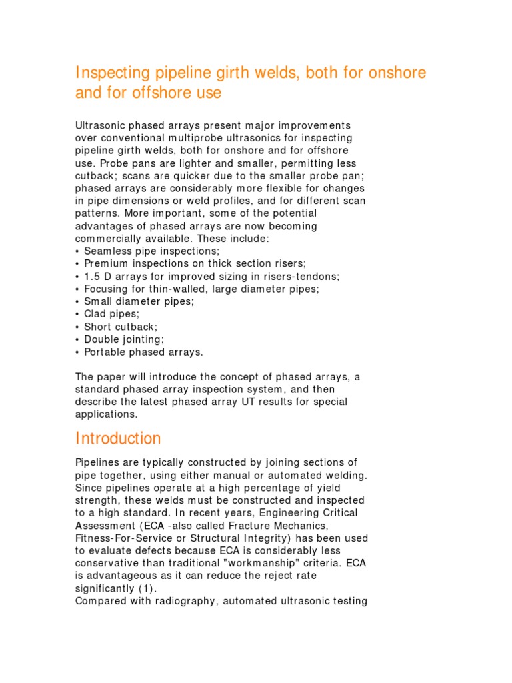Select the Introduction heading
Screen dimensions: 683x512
pyautogui.click(x=118, y=439)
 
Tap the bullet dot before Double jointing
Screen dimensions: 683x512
pyautogui.click(x=78, y=339)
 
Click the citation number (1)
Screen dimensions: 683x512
pyautogui.click(x=145, y=588)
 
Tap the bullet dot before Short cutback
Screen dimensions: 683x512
pyautogui.click(x=78, y=326)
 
